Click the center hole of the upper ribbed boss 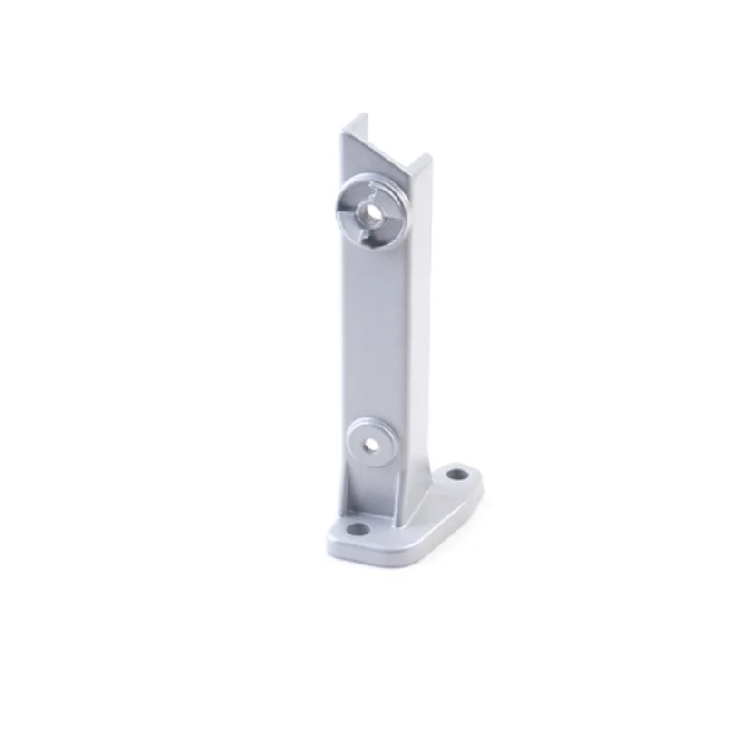point(370,211)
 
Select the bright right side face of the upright point(416,318)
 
